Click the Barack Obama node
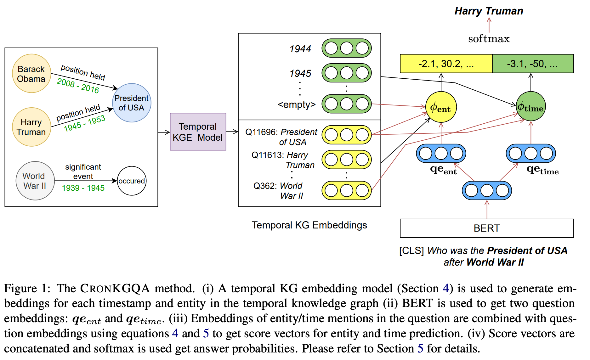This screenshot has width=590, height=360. coord(31,74)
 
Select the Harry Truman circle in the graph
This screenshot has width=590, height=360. coord(31,127)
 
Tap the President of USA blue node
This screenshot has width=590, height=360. coord(132,103)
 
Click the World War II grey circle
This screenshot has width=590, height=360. coord(35,181)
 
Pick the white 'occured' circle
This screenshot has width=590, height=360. coord(132,181)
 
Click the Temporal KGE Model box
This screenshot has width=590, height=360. coord(198,132)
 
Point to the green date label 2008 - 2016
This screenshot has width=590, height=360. coord(78,86)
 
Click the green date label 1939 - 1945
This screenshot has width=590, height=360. coord(83,188)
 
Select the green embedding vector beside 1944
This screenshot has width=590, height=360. coord(346,48)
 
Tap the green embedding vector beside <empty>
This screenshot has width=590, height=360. coord(346,104)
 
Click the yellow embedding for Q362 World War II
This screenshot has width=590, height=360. coord(346,190)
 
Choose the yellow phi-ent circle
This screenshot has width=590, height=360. coord(441,107)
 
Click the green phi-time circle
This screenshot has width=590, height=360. coord(531,107)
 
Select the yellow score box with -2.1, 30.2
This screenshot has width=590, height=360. coord(446,64)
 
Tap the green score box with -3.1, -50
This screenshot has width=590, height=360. coord(533,64)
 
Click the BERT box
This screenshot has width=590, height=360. coord(486,228)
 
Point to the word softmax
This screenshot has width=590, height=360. coord(489,39)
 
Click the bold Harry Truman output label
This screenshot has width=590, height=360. coord(489,11)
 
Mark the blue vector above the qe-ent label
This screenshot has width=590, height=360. coord(441,154)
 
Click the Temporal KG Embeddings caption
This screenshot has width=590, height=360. coord(309,225)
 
